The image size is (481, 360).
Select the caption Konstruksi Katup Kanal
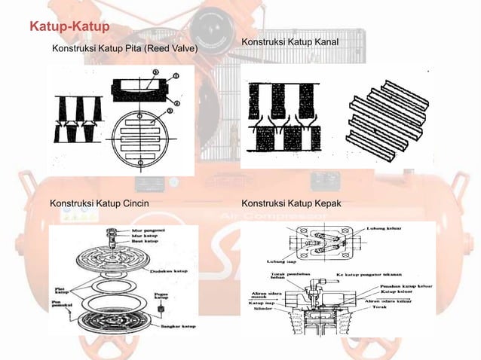click(x=290, y=41)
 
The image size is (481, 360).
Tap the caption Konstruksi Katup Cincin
click(x=99, y=203)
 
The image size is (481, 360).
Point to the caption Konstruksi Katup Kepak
click(x=290, y=203)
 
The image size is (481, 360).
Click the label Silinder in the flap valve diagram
click(x=265, y=308)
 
